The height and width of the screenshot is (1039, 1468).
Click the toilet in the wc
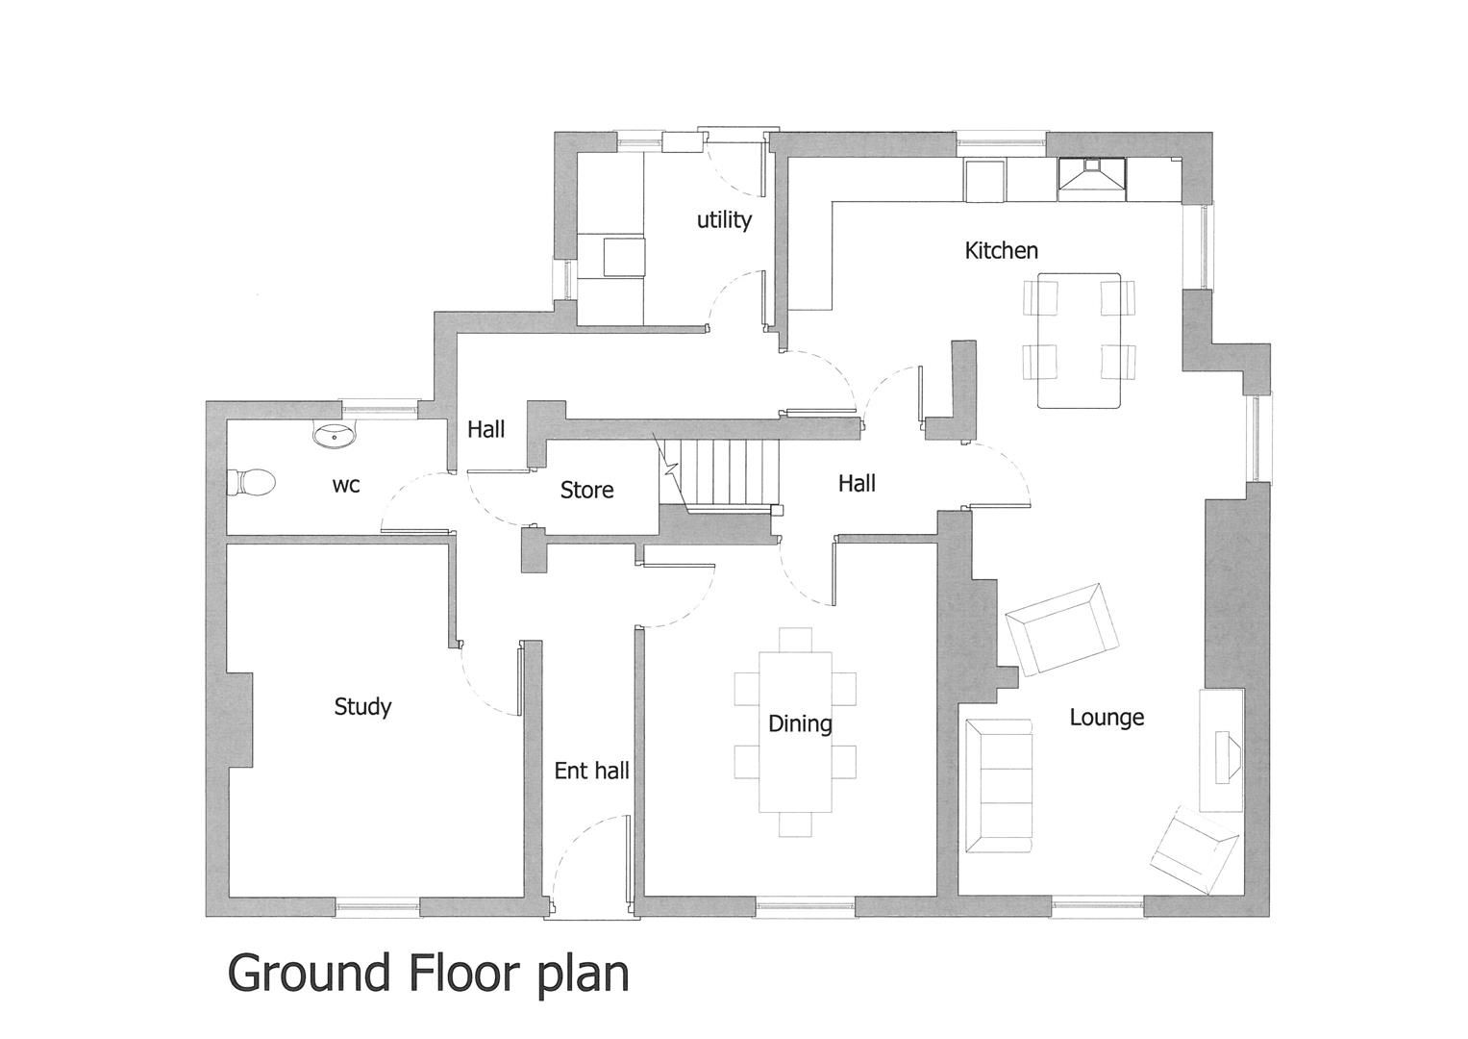coord(252,482)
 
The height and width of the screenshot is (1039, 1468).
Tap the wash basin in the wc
coord(335,435)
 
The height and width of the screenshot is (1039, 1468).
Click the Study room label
coord(362,707)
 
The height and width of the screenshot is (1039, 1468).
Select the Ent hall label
coord(591,771)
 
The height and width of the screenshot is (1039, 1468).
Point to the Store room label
coord(586,491)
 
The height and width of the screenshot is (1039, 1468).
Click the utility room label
coord(724,220)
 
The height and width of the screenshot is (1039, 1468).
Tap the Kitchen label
coord(1001,251)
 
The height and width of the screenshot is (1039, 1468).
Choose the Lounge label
coord(1107,718)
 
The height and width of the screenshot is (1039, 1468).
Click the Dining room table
coord(795,731)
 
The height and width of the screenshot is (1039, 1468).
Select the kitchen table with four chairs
coord(1079,340)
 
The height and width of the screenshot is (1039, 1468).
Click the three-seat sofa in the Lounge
coord(999,785)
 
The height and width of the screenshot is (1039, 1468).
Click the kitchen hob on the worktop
coord(1093,177)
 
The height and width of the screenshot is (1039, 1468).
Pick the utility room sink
coord(624,257)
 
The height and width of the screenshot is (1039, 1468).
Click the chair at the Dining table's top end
coord(795,639)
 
